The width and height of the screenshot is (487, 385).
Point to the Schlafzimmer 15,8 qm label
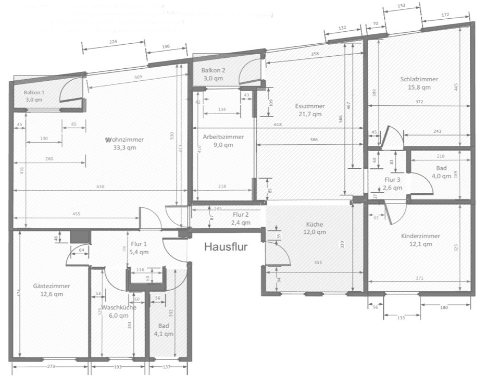click(419, 83)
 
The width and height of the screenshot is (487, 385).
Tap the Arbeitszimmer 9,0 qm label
click(223, 141)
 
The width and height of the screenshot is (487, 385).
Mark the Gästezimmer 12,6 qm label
click(51, 290)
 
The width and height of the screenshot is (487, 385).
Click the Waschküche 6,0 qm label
click(118, 311)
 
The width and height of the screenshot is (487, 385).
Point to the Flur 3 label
click(392, 184)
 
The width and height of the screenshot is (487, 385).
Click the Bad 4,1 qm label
click(164, 330)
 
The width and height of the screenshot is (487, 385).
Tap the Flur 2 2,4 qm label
click(241, 218)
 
